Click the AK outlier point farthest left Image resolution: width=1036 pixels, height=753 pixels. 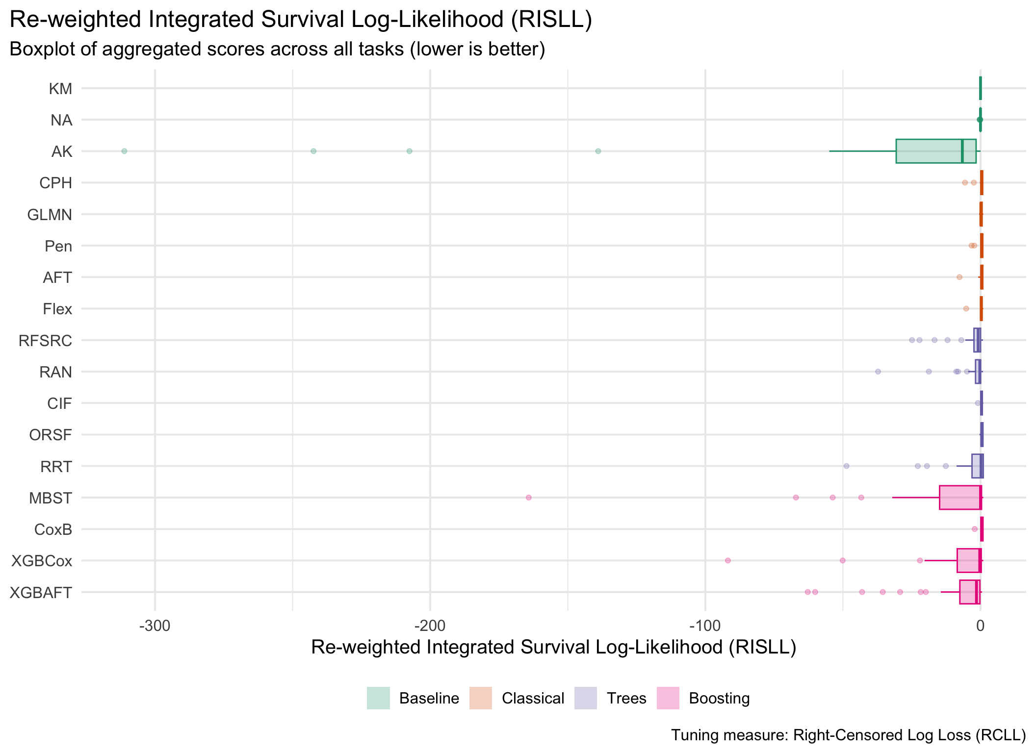124,151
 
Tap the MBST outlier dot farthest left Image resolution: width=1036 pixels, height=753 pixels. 528,498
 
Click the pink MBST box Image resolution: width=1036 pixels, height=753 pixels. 959,498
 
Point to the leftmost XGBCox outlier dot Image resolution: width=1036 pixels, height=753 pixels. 727,560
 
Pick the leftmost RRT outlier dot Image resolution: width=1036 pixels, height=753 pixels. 846,466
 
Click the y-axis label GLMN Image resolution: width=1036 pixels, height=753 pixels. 50,215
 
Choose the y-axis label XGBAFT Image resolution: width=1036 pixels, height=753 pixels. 41,593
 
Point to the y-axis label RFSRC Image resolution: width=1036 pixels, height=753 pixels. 46,341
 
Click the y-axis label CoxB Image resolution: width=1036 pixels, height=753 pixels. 53,529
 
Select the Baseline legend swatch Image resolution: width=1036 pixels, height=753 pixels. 378,698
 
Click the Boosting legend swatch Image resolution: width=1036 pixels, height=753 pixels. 668,698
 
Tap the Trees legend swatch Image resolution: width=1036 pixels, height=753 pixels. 586,698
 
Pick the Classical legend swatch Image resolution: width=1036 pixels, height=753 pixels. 481,698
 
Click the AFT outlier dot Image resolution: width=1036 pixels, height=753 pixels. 959,277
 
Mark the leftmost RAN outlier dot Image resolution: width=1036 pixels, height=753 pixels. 878,372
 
